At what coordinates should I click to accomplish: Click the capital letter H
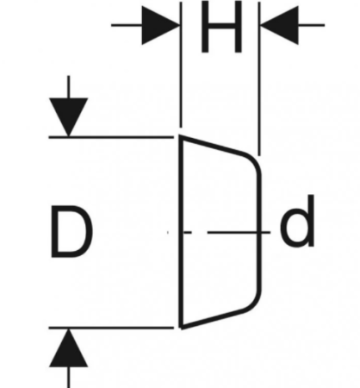(x=221, y=27)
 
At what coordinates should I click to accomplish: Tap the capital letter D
(x=71, y=231)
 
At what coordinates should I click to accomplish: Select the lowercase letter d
(x=297, y=222)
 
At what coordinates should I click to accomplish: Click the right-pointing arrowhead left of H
(x=161, y=25)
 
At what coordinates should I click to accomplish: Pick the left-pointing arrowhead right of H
(x=279, y=25)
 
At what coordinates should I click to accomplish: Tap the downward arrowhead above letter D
(x=68, y=117)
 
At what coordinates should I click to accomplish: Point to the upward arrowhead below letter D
(x=68, y=347)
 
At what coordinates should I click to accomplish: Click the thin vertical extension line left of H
(x=181, y=65)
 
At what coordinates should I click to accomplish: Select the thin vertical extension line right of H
(x=259, y=78)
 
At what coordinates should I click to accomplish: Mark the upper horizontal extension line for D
(x=111, y=137)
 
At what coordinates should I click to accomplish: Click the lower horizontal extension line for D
(x=111, y=328)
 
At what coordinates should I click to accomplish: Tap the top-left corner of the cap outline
(x=181, y=136)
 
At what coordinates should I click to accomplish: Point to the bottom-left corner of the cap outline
(x=182, y=328)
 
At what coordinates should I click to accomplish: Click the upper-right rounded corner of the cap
(x=254, y=160)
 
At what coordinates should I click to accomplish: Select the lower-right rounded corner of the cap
(x=254, y=303)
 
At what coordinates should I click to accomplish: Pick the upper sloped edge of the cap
(x=212, y=145)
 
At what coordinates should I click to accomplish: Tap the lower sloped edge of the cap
(x=213, y=319)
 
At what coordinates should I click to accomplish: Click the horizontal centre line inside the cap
(x=227, y=232)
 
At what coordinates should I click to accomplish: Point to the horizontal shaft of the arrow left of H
(x=127, y=25)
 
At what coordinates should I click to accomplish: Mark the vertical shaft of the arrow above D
(x=68, y=87)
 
